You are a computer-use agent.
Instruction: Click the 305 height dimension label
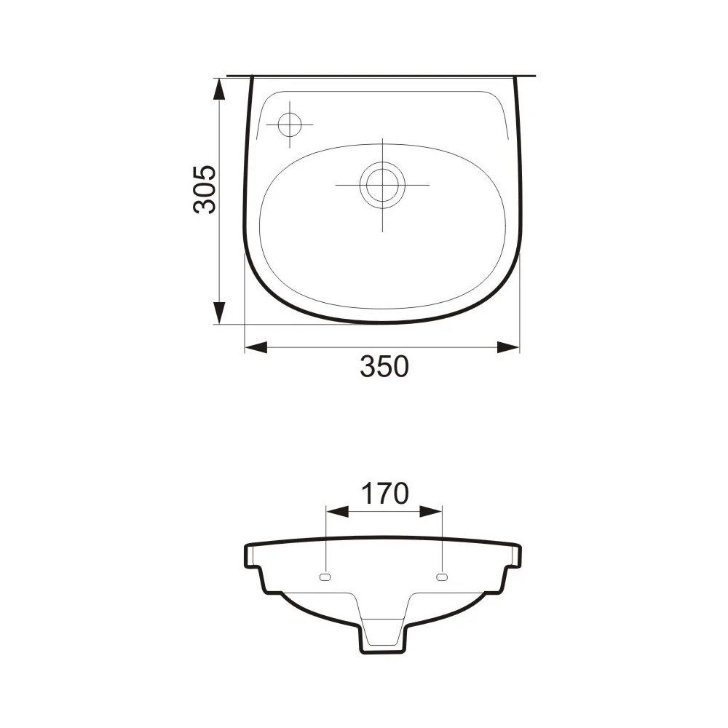coord(205,189)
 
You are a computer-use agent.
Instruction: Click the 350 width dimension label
coord(384,366)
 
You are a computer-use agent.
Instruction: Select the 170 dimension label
coord(385,493)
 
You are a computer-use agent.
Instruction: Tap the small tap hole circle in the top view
coord(290,125)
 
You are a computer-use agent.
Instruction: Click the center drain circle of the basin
coord(382,185)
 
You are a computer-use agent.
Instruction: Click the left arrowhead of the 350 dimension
coord(256,347)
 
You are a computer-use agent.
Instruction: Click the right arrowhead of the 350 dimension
coord(508,347)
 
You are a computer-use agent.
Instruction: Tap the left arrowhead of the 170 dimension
coord(338,512)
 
